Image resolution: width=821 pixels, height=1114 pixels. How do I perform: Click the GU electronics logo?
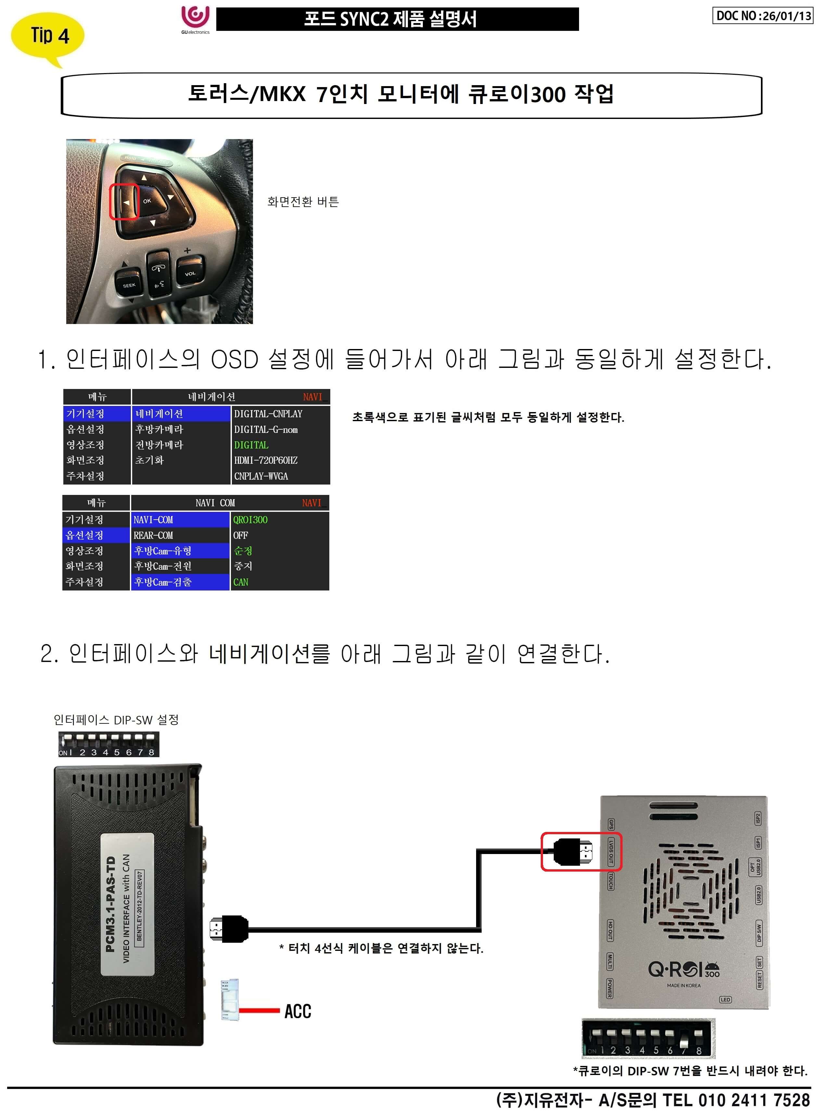click(195, 20)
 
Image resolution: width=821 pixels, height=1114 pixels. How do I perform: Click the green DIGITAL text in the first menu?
click(251, 445)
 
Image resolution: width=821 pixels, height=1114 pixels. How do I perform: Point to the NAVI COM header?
click(215, 503)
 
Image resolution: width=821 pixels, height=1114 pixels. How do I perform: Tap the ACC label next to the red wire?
click(298, 1011)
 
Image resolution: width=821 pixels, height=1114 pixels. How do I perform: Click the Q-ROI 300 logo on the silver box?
click(683, 969)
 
